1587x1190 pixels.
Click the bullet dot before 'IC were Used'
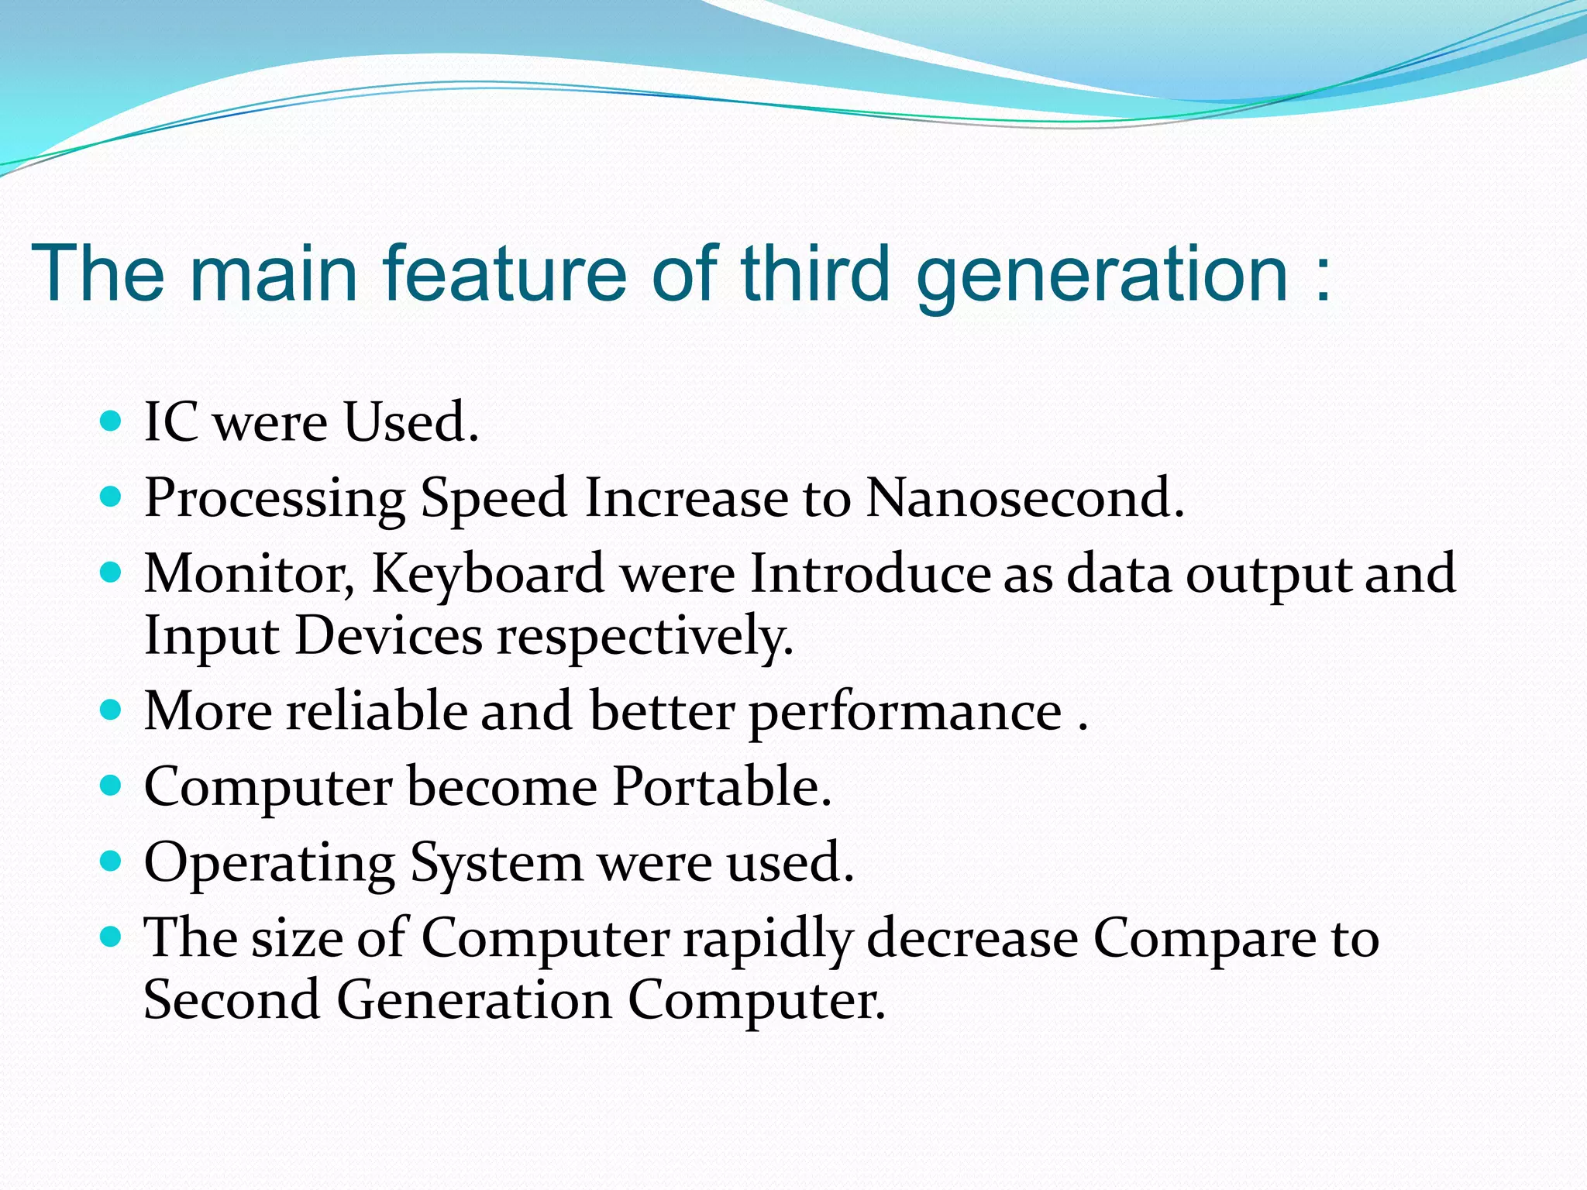[112, 421]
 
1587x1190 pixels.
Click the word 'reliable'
[377, 710]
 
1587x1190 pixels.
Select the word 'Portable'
[721, 786]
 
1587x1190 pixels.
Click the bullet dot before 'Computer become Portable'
[112, 786]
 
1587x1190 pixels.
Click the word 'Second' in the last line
[232, 999]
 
